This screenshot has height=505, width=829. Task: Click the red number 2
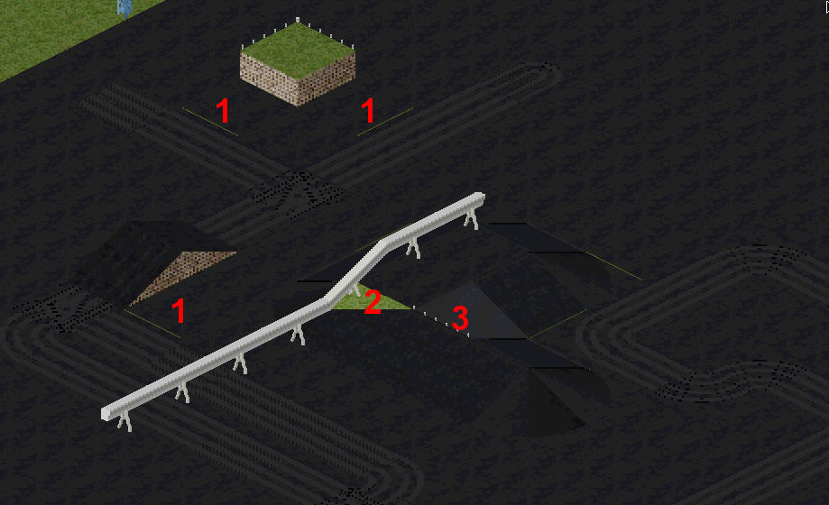pyautogui.click(x=373, y=302)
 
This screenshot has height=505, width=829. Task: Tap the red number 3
pyautogui.click(x=460, y=317)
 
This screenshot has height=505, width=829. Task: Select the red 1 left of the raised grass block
pyautogui.click(x=223, y=111)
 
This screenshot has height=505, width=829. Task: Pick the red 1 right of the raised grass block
pyautogui.click(x=368, y=111)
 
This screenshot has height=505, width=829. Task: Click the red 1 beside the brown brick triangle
pyautogui.click(x=179, y=310)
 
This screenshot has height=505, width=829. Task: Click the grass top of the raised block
pyautogui.click(x=298, y=50)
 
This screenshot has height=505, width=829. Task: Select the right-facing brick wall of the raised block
pyautogui.click(x=327, y=78)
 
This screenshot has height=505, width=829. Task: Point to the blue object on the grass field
pyautogui.click(x=124, y=7)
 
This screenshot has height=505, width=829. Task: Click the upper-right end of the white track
pyautogui.click(x=479, y=197)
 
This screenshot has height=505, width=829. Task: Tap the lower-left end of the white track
pyautogui.click(x=106, y=414)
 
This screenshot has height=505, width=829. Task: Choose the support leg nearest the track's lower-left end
pyautogui.click(x=125, y=423)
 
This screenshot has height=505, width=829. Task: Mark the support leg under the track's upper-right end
pyautogui.click(x=472, y=219)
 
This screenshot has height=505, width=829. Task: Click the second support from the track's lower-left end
pyautogui.click(x=183, y=392)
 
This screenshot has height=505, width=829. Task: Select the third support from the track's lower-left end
pyautogui.click(x=241, y=363)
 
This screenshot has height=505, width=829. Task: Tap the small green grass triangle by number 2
pyautogui.click(x=370, y=299)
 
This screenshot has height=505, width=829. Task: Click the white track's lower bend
pyautogui.click(x=324, y=300)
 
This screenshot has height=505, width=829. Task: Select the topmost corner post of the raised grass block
pyautogui.click(x=298, y=20)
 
